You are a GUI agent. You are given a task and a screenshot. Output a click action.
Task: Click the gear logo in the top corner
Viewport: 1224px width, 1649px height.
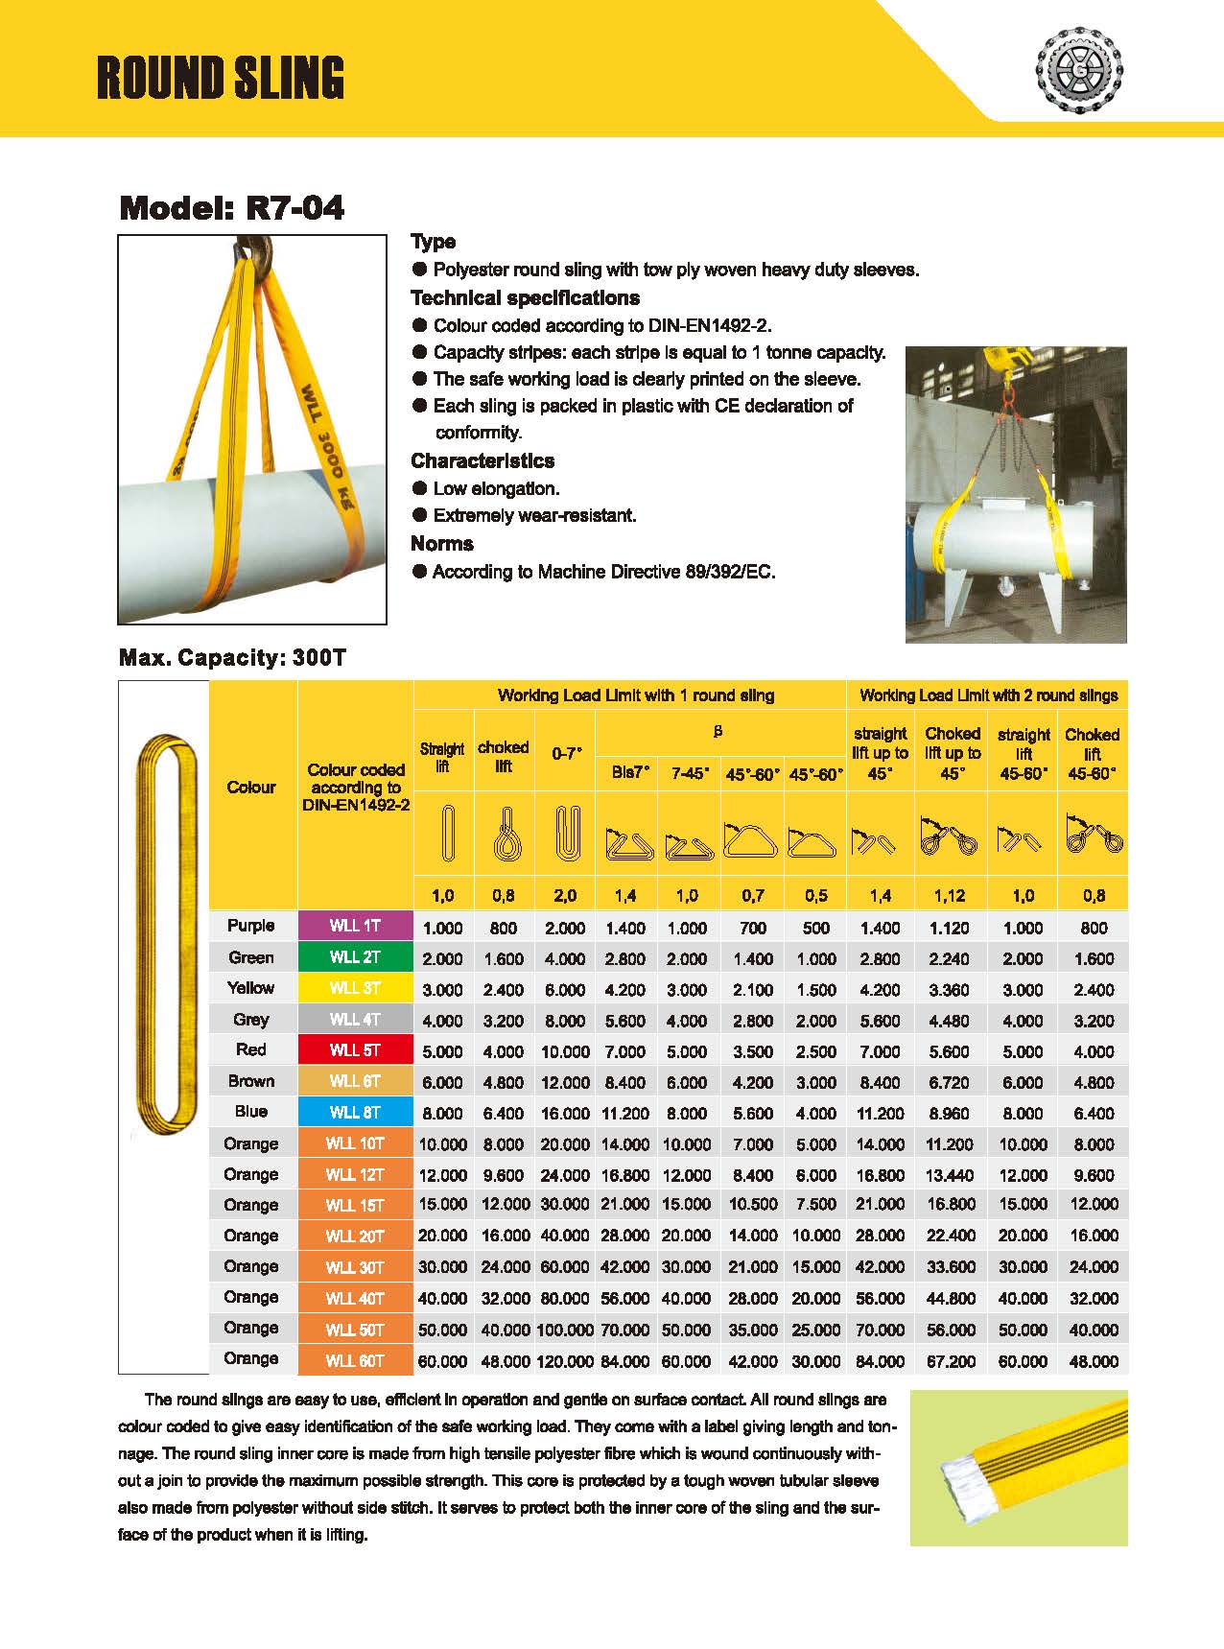(x=1080, y=68)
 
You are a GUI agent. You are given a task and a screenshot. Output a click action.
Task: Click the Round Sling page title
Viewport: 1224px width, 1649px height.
(x=221, y=78)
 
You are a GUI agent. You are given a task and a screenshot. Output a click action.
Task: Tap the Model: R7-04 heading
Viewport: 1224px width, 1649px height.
(x=231, y=208)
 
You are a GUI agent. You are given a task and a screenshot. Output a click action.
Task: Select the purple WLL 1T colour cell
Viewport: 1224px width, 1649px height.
(x=355, y=926)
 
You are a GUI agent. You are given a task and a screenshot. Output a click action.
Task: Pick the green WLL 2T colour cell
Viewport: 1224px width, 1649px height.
(x=355, y=957)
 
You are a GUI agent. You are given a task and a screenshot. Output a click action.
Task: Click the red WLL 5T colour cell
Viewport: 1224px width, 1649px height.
(x=355, y=1050)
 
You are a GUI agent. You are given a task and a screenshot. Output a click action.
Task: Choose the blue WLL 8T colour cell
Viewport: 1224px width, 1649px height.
(x=355, y=1113)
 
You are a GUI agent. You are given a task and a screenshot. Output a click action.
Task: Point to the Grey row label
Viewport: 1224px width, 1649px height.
(x=251, y=1019)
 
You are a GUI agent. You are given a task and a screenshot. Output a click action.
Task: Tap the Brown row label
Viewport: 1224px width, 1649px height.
(x=251, y=1081)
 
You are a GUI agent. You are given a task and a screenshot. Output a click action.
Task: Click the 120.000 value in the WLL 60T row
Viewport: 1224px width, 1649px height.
(x=565, y=1361)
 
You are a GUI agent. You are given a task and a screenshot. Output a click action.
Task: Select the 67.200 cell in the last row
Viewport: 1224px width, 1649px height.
(x=950, y=1361)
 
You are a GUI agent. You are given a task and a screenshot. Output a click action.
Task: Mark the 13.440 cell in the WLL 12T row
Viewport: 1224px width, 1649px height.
(x=950, y=1175)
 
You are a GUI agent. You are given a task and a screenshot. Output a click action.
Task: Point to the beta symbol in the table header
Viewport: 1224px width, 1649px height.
(x=718, y=731)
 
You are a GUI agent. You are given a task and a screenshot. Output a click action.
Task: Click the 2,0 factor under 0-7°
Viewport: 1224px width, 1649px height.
(x=565, y=896)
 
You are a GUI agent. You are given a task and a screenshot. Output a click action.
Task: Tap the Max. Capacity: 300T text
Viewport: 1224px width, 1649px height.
(x=231, y=658)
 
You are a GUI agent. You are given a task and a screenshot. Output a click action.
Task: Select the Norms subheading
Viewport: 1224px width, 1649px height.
(x=442, y=544)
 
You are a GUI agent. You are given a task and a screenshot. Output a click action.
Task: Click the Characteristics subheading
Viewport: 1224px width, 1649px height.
(x=483, y=460)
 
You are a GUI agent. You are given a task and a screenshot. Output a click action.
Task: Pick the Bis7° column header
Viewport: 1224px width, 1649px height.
(x=629, y=772)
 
